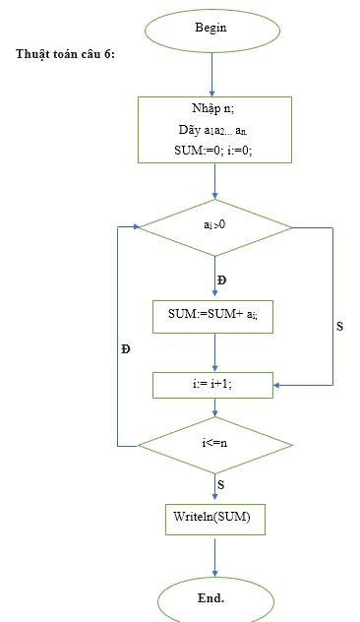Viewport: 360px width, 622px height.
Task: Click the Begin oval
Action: click(x=211, y=29)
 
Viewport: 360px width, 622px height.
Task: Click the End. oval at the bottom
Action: click(x=211, y=597)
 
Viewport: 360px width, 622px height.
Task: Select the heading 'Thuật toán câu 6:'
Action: click(x=65, y=54)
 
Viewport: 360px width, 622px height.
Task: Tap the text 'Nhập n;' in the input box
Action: click(x=213, y=107)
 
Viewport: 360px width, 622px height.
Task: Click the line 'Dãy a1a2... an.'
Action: click(x=213, y=129)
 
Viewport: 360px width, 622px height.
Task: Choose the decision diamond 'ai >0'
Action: click(x=213, y=227)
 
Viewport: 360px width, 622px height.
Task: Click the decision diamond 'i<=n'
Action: click(x=213, y=444)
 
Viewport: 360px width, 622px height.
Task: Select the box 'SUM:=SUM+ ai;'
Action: click(x=213, y=316)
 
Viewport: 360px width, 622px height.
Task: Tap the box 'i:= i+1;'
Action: click(x=213, y=385)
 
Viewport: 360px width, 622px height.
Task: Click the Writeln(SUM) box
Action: click(x=213, y=517)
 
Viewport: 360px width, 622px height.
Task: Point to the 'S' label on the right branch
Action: click(x=339, y=325)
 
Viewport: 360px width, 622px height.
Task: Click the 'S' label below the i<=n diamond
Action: click(x=221, y=484)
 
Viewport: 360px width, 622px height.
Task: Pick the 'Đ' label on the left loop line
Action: click(x=126, y=348)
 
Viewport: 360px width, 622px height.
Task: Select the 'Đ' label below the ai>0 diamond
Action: click(x=221, y=280)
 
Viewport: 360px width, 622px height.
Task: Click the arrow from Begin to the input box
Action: click(x=211, y=74)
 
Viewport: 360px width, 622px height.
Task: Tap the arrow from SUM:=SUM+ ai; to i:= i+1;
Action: click(x=213, y=351)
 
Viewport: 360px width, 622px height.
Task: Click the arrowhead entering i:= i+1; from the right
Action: click(x=279, y=385)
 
